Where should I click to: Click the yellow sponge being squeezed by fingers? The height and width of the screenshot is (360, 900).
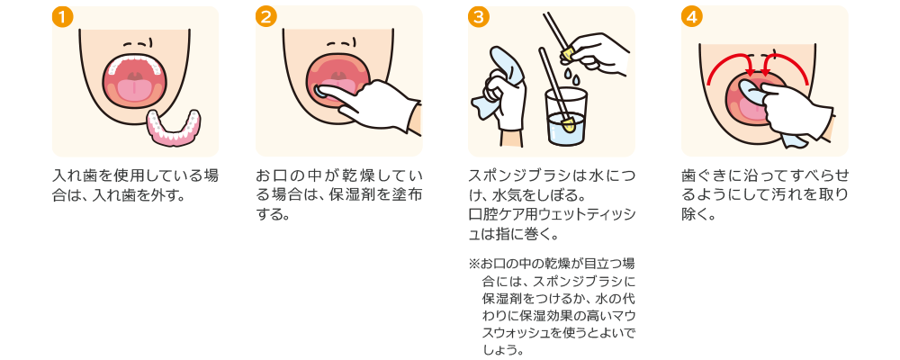tap(568, 56)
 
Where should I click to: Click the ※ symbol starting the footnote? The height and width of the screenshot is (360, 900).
tap(474, 265)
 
